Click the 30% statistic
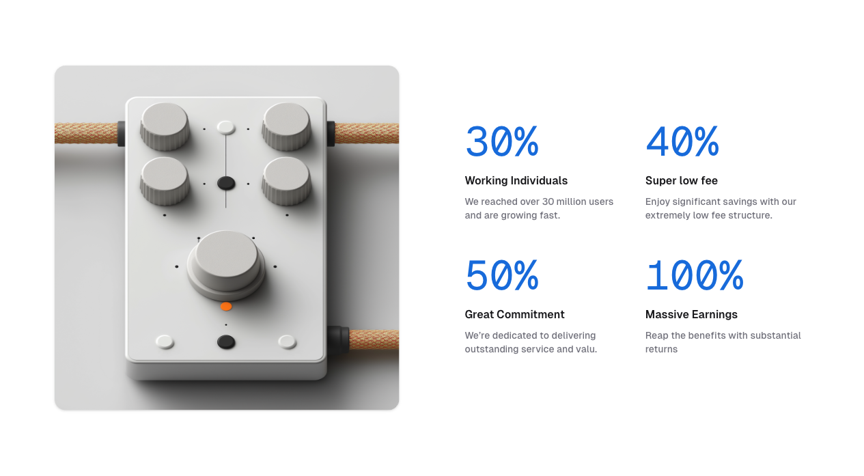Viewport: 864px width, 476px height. tap(502, 141)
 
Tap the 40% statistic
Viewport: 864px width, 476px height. tap(682, 141)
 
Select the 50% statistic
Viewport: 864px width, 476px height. tap(502, 275)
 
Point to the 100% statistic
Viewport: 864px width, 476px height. tap(695, 275)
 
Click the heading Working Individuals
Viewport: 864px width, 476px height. tap(516, 180)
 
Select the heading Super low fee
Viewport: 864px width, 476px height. tap(682, 180)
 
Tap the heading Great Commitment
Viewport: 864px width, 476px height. tap(514, 314)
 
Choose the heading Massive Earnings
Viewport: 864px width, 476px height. tap(691, 314)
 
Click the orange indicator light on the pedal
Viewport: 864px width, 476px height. tap(226, 307)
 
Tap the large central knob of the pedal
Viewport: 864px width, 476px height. tap(226, 264)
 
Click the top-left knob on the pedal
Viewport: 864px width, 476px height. tap(165, 126)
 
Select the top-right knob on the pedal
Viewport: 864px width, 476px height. tap(286, 126)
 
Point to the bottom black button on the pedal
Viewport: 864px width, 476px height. tap(226, 342)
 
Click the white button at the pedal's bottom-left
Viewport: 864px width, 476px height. tap(165, 341)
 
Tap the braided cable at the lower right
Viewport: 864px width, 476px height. tap(374, 340)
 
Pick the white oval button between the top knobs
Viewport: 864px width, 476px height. tap(226, 127)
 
